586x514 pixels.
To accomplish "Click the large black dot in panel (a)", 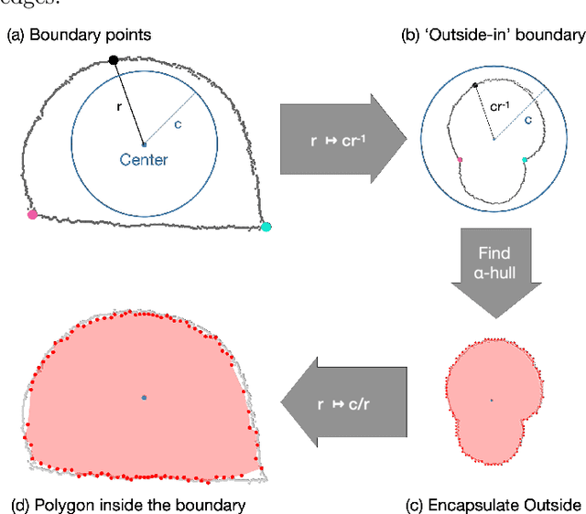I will [x=114, y=60].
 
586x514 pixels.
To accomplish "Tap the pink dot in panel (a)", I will [x=32, y=214].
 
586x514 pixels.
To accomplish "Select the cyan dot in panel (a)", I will [x=266, y=227].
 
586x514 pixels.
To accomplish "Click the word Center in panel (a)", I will [x=144, y=160].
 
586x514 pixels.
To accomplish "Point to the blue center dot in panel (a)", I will [x=144, y=144].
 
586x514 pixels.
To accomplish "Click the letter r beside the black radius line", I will [x=121, y=106].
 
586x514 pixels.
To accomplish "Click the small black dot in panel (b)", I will [x=474, y=85].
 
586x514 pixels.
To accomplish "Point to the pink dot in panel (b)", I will [x=460, y=159].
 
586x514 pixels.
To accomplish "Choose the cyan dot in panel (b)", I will [x=525, y=159].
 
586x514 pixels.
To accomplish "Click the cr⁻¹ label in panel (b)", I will [x=500, y=108].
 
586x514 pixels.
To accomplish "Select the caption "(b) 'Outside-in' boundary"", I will [x=493, y=35].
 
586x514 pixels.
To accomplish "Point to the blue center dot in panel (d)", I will [x=144, y=398].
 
